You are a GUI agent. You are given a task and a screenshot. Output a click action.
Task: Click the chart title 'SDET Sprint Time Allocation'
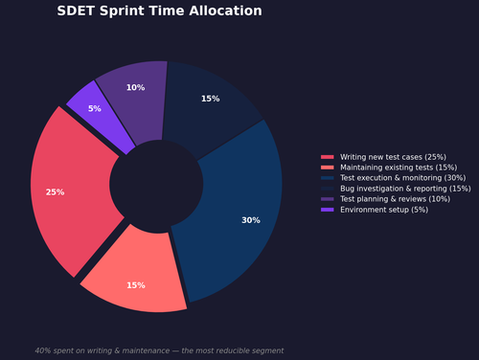[159, 11]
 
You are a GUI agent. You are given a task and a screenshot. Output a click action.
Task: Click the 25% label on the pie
[55, 192]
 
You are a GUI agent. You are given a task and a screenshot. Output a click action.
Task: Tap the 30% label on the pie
[250, 220]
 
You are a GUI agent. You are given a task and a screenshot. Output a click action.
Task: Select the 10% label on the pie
[135, 88]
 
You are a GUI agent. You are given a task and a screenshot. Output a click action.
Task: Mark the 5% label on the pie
[94, 109]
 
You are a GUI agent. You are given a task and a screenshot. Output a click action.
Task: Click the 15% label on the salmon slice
[136, 285]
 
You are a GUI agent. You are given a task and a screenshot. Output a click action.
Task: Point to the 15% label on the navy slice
[210, 99]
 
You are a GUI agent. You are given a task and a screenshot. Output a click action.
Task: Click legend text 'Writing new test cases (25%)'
[392, 157]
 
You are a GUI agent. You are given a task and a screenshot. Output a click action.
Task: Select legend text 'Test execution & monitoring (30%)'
[402, 178]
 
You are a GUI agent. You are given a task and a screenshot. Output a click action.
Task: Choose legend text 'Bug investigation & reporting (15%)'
[405, 189]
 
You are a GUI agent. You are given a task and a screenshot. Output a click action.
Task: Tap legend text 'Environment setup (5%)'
[383, 210]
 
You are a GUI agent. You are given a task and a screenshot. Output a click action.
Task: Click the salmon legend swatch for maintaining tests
[328, 168]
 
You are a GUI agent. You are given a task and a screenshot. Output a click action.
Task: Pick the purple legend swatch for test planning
[328, 199]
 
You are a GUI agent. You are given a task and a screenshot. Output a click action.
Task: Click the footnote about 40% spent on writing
[159, 350]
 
